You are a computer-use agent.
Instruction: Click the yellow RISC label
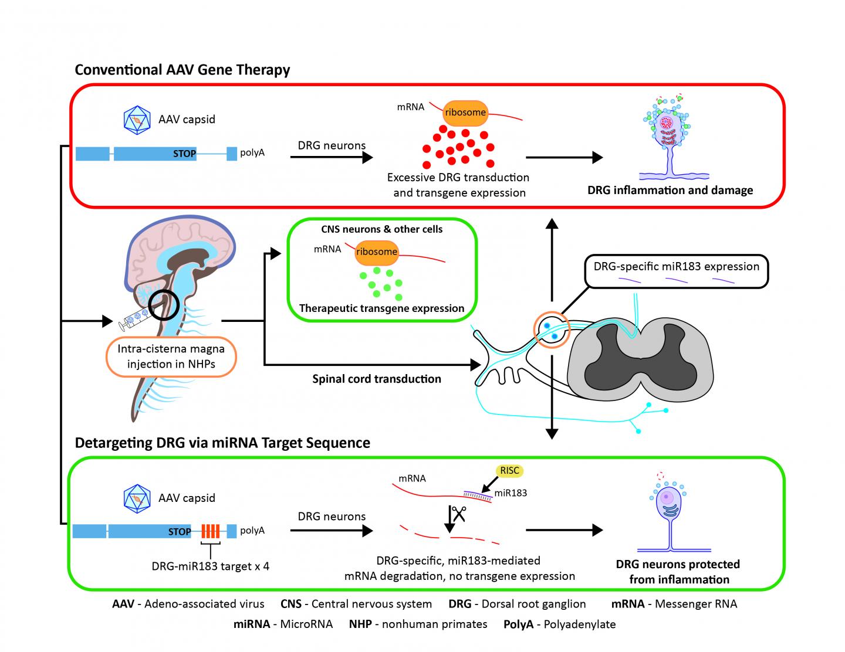509,470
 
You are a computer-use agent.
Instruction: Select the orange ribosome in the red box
465,113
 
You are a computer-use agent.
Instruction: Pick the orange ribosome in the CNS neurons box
376,252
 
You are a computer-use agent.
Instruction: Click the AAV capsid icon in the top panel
137,120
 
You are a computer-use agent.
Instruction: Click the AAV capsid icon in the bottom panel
137,498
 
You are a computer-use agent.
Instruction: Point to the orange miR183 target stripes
210,531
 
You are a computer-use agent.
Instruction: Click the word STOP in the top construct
184,154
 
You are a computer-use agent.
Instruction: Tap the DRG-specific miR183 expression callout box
676,271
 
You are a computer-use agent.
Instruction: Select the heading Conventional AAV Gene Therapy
182,70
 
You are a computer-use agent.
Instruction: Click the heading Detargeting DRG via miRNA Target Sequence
222,442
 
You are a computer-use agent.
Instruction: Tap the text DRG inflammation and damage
670,190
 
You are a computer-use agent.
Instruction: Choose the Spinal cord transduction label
376,379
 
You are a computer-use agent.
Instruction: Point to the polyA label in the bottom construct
252,531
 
